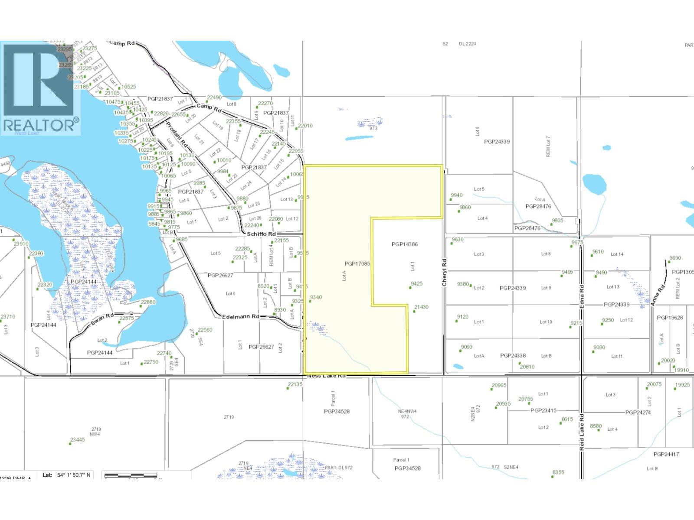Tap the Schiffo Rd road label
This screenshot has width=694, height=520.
261,234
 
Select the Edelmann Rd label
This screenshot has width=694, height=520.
240,317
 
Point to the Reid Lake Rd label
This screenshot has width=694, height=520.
582,434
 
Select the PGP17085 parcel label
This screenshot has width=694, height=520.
357,263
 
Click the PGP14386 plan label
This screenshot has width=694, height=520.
404,244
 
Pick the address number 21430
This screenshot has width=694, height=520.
421,307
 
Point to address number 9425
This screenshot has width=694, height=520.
416,284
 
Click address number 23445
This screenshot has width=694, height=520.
78,440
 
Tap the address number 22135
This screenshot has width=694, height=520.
295,384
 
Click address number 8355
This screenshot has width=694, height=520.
558,472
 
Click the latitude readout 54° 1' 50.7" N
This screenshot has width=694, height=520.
74,475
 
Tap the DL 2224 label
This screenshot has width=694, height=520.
468,44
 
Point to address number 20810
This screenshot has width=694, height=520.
527,367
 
